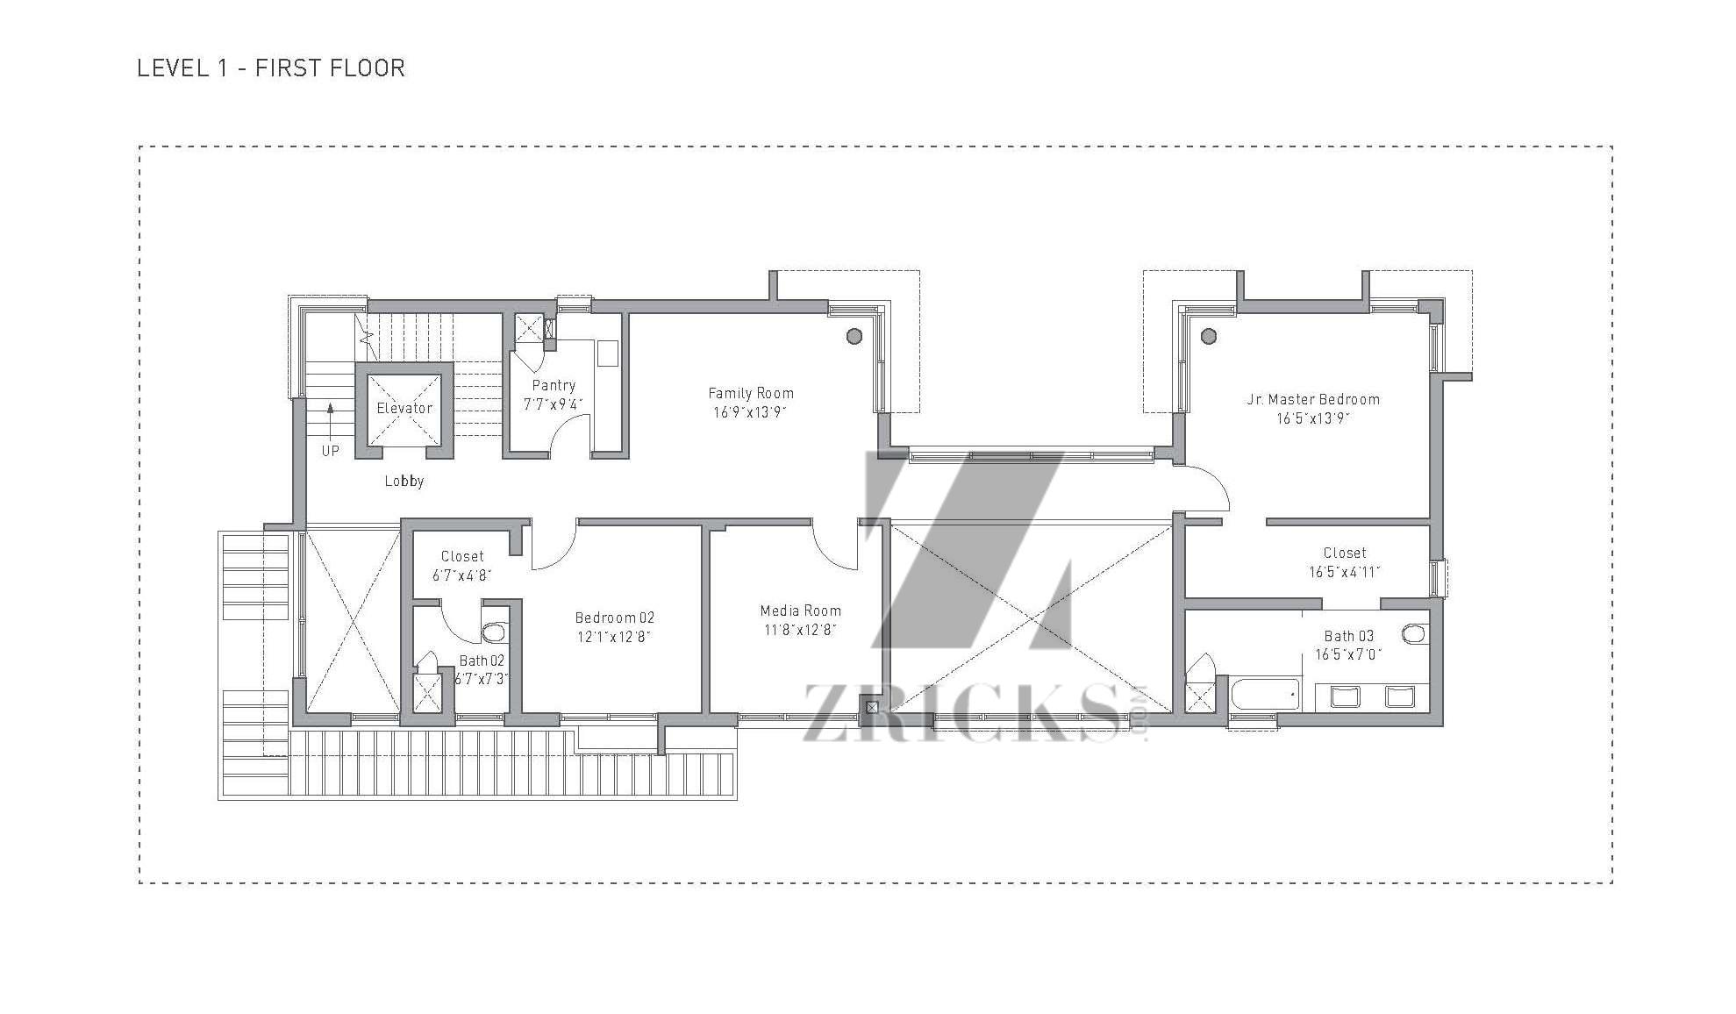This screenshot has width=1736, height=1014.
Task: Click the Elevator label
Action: (404, 408)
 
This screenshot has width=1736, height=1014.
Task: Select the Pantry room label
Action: (554, 385)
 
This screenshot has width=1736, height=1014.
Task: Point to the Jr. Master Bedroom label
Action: (1313, 399)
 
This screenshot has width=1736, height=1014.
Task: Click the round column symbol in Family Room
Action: (854, 336)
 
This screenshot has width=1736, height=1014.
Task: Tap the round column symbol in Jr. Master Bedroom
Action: (1209, 336)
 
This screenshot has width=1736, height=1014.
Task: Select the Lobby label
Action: (404, 481)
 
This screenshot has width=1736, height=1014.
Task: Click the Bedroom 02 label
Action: (614, 618)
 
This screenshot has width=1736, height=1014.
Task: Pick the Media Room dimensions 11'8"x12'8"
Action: (800, 630)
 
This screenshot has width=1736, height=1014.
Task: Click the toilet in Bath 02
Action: (495, 632)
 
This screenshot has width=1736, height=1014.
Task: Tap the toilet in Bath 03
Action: (1415, 632)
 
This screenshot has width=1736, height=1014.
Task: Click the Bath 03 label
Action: (1348, 636)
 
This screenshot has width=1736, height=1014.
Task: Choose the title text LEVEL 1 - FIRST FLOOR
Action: (271, 68)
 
